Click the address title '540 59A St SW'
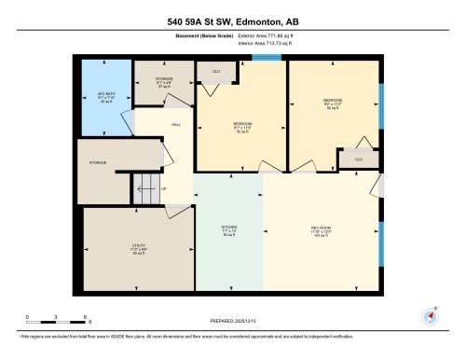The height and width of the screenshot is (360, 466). (232, 21)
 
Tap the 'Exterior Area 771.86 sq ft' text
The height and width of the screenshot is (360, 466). (257, 36)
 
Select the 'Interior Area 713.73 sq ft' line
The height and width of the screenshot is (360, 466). (257, 43)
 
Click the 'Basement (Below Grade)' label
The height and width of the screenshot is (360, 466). (190, 36)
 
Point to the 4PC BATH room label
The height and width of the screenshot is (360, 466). (104, 96)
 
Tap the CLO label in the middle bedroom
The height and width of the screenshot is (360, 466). (215, 71)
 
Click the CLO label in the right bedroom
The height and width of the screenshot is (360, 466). (358, 159)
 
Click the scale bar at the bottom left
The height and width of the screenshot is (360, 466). (56, 313)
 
